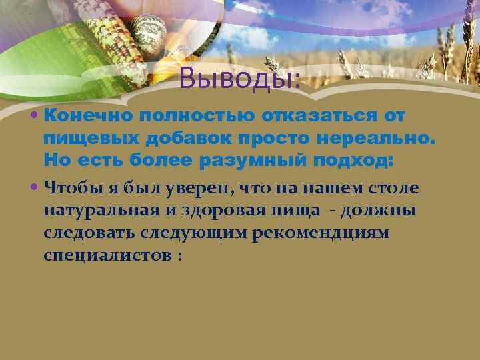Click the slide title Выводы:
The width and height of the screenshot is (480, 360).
[240, 79]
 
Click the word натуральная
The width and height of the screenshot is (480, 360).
[103, 211]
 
